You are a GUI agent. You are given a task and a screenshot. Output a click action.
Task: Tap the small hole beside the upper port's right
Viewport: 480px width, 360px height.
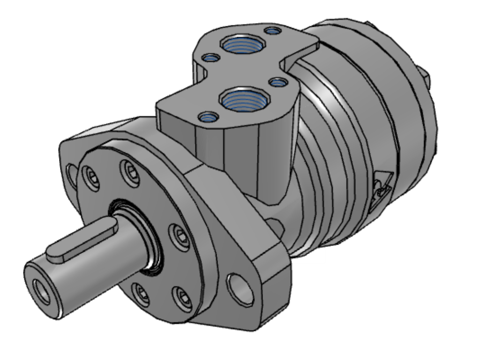pyautogui.click(x=272, y=31)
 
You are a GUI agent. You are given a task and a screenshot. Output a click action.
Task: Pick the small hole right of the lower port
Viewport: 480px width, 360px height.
pyautogui.click(x=279, y=83)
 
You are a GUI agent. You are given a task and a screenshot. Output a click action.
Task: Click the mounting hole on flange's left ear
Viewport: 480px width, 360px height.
pyautogui.click(x=72, y=174)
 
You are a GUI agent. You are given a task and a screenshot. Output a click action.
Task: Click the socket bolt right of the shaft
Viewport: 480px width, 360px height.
pyautogui.click(x=180, y=233)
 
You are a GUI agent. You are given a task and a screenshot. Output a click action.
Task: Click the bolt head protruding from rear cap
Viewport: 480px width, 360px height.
pyautogui.click(x=425, y=77)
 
